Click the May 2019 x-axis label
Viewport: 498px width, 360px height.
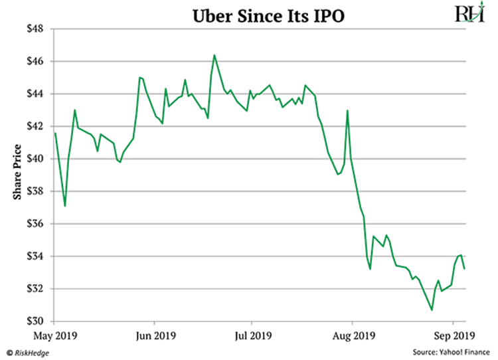(55, 335)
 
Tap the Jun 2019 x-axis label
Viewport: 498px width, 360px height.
(153, 335)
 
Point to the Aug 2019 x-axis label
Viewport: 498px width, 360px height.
(352, 335)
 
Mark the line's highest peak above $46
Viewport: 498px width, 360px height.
(214, 55)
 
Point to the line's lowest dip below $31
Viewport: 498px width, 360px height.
(432, 310)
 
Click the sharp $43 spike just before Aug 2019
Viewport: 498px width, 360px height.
(347, 111)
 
